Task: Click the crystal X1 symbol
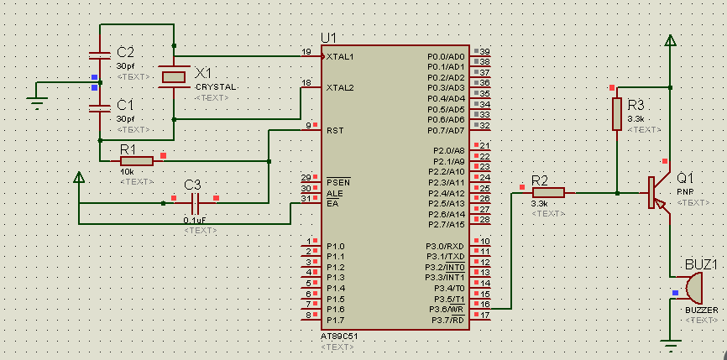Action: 174,77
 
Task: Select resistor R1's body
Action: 136,161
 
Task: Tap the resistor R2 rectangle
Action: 548,193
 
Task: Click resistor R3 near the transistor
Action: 617,114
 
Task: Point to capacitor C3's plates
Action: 196,203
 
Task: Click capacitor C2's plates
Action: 100,56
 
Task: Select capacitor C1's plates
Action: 100,109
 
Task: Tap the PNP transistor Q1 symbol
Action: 659,193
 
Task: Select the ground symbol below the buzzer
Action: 670,346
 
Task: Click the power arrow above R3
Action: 670,41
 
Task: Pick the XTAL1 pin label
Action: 340,57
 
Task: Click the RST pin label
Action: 335,130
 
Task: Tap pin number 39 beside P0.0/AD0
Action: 484,51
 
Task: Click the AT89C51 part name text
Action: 339,336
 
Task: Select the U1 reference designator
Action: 329,38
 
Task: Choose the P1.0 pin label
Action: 335,246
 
